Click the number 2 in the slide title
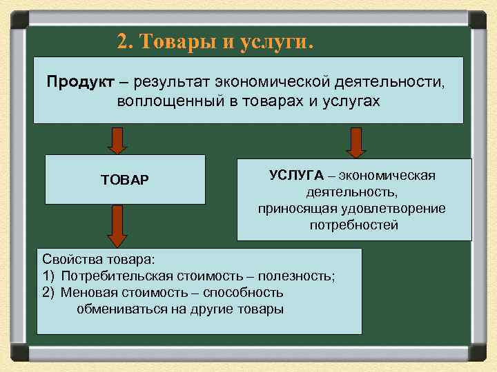pyautogui.click(x=122, y=42)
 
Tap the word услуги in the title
pyautogui.click(x=276, y=42)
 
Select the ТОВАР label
pyautogui.click(x=125, y=180)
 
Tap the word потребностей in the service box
pyautogui.click(x=354, y=225)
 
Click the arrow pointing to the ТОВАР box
pyautogui.click(x=118, y=140)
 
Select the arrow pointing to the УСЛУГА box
pyautogui.click(x=355, y=143)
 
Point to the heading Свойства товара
pyautogui.click(x=99, y=260)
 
